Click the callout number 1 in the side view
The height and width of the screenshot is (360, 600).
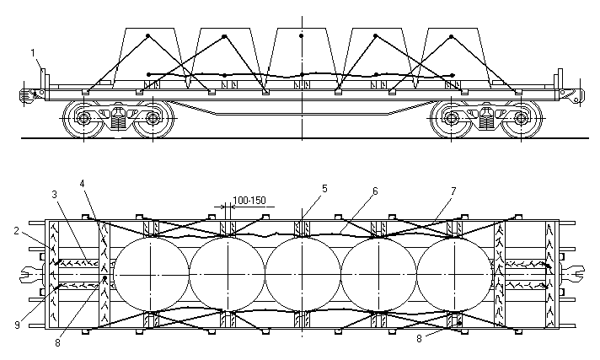pyautogui.click(x=33, y=52)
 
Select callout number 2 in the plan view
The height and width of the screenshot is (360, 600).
pyautogui.click(x=16, y=231)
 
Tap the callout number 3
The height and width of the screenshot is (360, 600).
pyautogui.click(x=54, y=194)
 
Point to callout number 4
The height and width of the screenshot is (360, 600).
pyautogui.click(x=82, y=183)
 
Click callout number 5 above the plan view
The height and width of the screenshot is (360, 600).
pyautogui.click(x=324, y=188)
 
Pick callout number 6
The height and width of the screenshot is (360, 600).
pyautogui.click(x=375, y=191)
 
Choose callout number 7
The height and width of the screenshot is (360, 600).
pyautogui.click(x=454, y=191)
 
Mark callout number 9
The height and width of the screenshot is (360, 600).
pyautogui.click(x=17, y=325)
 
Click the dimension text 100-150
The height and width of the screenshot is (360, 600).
pyautogui.click(x=249, y=201)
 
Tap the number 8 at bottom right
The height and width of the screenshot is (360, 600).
pyautogui.click(x=419, y=339)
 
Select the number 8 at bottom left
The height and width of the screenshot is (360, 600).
pyautogui.click(x=57, y=343)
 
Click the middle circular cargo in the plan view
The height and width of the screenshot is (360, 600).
pyautogui.click(x=303, y=274)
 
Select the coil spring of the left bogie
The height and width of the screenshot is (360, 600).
pyautogui.click(x=118, y=121)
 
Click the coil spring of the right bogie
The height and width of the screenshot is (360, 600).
pyautogui.click(x=486, y=121)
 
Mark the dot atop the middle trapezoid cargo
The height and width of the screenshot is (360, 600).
pyautogui.click(x=302, y=36)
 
